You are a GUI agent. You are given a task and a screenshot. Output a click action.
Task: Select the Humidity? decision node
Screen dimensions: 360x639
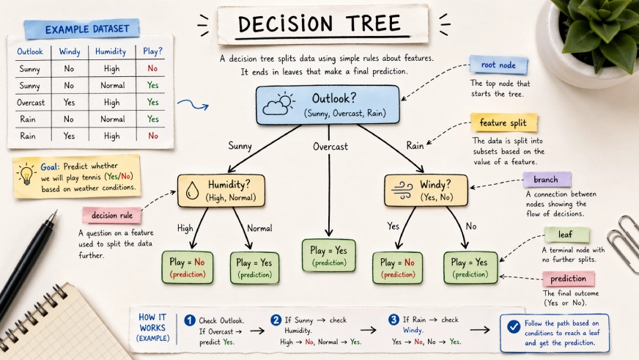tap(221, 191)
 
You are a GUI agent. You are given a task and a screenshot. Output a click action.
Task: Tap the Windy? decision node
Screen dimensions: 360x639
tap(426, 191)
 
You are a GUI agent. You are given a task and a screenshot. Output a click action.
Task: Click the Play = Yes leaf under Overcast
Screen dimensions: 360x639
tap(329, 256)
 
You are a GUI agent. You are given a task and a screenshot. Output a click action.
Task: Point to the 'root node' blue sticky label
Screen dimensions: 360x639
tap(498, 65)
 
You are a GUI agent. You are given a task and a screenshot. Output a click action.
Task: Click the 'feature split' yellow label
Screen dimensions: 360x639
tap(503, 122)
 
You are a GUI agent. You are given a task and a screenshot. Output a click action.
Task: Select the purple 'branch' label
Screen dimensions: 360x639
tap(546, 180)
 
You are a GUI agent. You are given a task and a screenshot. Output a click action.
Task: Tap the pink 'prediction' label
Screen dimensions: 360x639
tap(568, 279)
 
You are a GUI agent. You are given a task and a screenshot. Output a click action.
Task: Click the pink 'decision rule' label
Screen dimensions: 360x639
tap(111, 216)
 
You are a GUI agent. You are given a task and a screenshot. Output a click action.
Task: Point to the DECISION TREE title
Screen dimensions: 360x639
tap(322, 25)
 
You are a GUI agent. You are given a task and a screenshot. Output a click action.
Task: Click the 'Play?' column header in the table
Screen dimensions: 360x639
tap(152, 52)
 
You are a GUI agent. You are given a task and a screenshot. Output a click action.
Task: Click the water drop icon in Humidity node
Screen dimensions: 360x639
tap(193, 191)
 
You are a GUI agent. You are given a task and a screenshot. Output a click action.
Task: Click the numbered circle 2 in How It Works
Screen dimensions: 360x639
tap(276, 320)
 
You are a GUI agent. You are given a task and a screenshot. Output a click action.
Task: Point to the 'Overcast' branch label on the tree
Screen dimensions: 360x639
tap(330, 147)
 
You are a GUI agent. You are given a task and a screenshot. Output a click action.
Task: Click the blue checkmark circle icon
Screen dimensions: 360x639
tap(514, 327)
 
